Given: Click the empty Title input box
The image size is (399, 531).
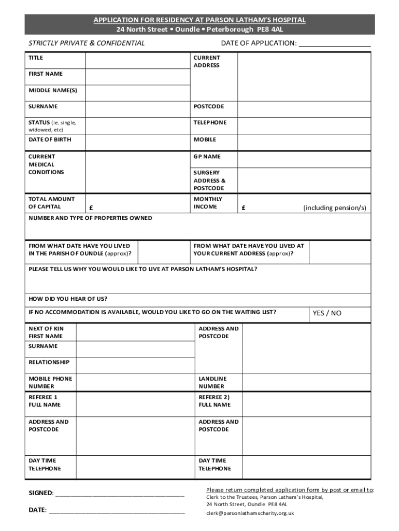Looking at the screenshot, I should click(138, 60).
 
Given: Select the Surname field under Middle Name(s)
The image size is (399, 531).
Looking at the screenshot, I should click(138, 109).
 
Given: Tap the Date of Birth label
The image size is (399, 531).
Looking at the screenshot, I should click(50, 139).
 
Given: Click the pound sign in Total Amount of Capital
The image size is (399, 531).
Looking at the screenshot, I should click(91, 207).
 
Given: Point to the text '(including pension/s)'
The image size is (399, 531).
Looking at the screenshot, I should click(335, 208).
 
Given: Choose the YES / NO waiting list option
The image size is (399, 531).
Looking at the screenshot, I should click(326, 313).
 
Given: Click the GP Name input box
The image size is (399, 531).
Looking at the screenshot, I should click(304, 159).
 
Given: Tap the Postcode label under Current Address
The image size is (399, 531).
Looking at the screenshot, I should click(209, 106).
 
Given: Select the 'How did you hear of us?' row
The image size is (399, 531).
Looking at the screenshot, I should click(199, 299).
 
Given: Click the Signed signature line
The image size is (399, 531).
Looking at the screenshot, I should click(119, 494).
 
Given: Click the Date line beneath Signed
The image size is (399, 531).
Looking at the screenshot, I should click(116, 510).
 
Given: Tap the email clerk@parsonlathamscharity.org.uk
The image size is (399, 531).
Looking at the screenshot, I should click(250, 513).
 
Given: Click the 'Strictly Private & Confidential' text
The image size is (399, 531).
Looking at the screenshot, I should click(87, 43).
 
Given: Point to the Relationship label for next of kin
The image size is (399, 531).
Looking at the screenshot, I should click(49, 362).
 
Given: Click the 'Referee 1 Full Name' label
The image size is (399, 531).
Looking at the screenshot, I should click(45, 401).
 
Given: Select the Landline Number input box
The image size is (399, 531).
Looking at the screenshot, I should click(306, 383).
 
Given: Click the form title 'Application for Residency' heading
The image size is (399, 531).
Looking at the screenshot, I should click(199, 20).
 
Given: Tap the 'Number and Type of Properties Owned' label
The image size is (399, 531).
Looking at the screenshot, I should click(90, 218).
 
